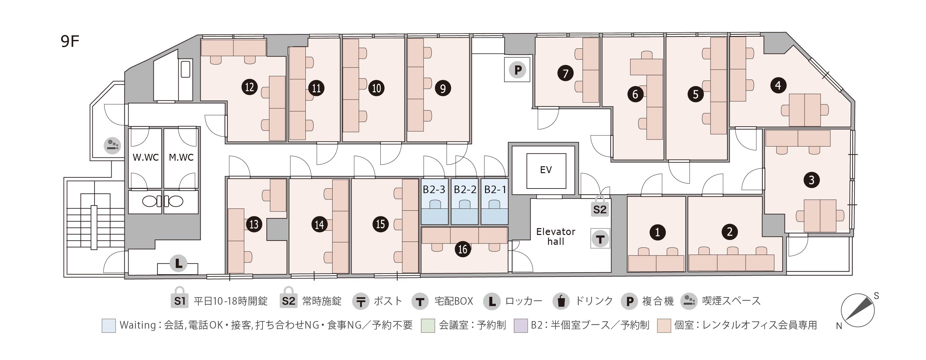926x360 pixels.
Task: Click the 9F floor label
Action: [x=70, y=42]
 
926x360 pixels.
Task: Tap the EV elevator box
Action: [x=546, y=171]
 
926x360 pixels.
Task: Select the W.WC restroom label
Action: [x=146, y=157]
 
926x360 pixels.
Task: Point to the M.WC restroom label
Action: [x=181, y=157]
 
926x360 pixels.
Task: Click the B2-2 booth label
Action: [x=465, y=189]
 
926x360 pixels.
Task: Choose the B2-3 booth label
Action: [x=434, y=189]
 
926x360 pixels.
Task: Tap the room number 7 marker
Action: [x=565, y=73]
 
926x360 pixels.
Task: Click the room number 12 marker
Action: [x=249, y=87]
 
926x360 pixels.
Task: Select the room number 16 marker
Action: [x=463, y=249]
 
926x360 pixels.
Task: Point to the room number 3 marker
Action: [x=811, y=180]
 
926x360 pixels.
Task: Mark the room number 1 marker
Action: [x=658, y=232]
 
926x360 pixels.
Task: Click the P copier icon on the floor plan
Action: [x=517, y=70]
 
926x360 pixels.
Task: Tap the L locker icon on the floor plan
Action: [x=178, y=263]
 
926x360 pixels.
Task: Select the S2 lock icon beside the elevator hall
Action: [x=600, y=207]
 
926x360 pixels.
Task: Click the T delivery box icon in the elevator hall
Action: [x=600, y=239]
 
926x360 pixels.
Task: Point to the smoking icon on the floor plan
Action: [x=112, y=146]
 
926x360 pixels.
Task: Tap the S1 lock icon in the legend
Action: [x=179, y=298]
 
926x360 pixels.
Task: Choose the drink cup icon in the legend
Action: [x=561, y=301]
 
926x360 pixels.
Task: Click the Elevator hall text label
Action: [x=555, y=237]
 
